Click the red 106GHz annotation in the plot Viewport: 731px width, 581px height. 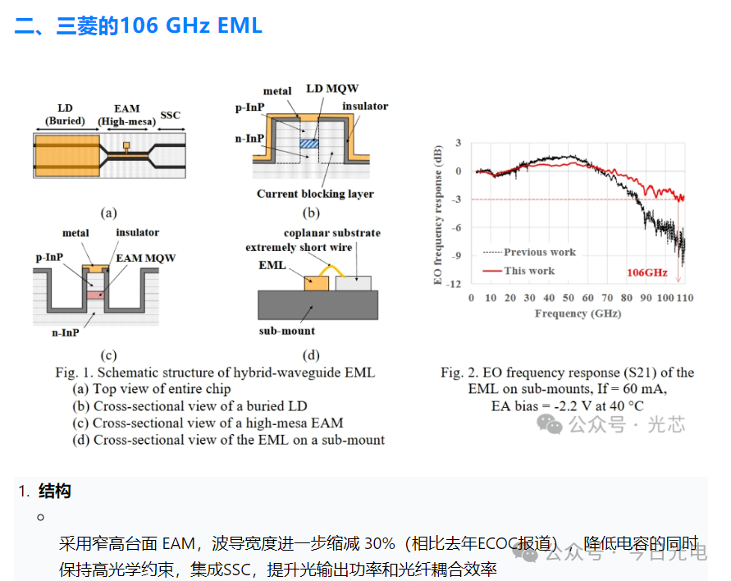click(647, 272)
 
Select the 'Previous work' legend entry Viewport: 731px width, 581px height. click(529, 252)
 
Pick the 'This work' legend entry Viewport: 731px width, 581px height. click(519, 271)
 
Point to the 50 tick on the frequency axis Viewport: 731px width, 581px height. click(569, 298)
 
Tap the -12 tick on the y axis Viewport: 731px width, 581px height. click(454, 284)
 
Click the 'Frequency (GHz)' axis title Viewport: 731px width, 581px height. click(578, 313)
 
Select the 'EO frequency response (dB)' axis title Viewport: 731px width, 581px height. click(437, 215)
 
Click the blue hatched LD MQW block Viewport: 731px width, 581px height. click(309, 144)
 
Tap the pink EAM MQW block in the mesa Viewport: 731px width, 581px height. click(95, 295)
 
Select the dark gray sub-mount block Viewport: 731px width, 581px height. click(318, 305)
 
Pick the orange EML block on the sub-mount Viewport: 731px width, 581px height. click(317, 283)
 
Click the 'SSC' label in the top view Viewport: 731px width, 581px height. click(170, 115)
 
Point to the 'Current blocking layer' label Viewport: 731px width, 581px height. click(315, 194)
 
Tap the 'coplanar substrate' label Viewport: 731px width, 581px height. click(332, 233)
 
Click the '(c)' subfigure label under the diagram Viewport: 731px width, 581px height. click(108, 355)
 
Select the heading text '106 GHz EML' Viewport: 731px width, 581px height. click(191, 25)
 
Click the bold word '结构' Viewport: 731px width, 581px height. click(54, 491)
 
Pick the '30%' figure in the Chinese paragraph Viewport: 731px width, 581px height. click(380, 544)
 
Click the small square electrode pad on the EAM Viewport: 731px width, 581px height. click(126, 145)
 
